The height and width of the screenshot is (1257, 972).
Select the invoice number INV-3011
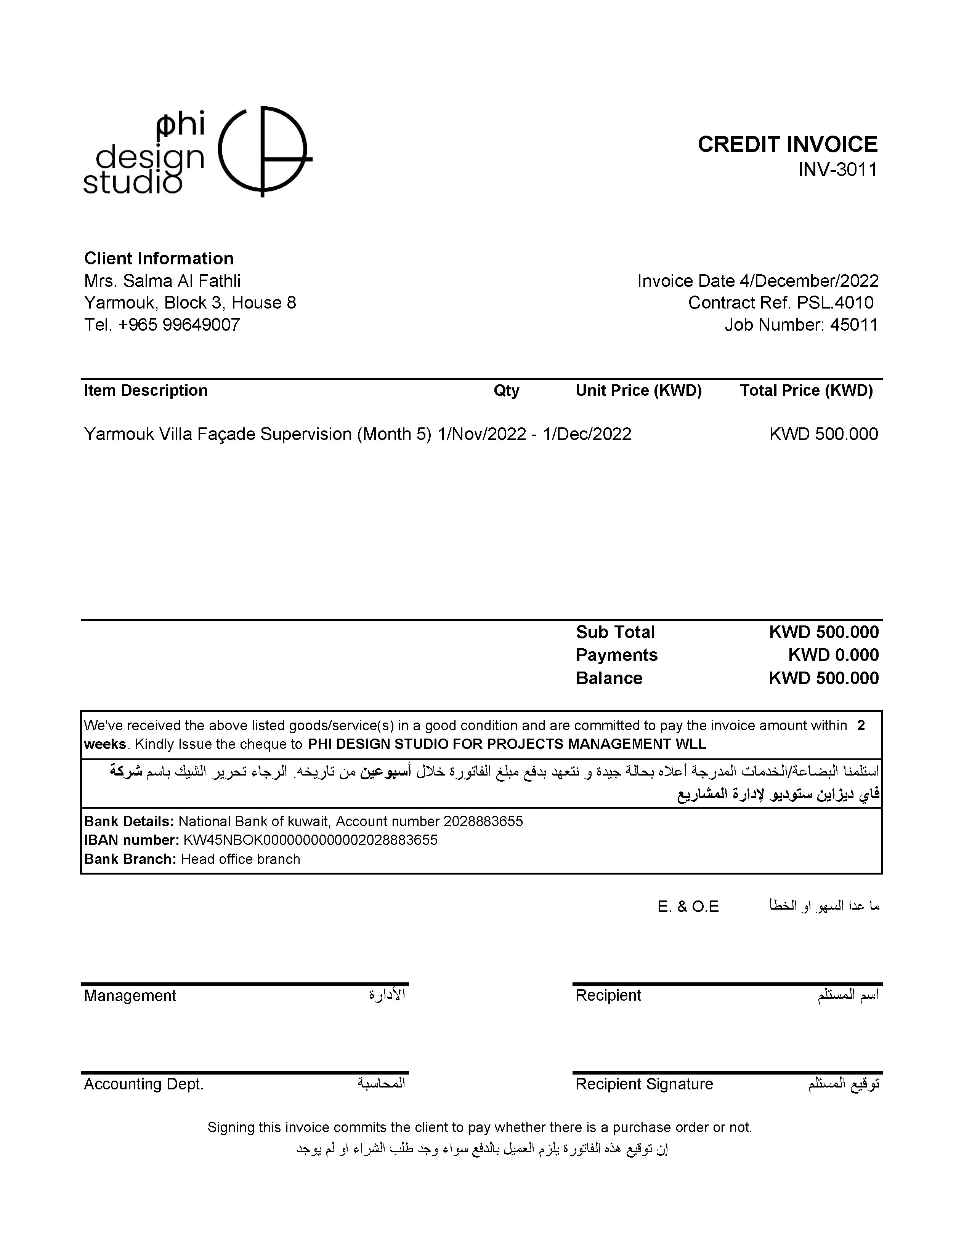click(837, 170)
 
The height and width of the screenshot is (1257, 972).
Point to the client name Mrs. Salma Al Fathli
click(162, 281)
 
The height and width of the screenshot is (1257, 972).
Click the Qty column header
click(506, 391)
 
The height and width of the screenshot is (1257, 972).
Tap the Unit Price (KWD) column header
click(638, 391)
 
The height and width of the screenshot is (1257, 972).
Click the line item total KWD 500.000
click(823, 434)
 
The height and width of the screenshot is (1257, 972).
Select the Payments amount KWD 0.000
click(833, 655)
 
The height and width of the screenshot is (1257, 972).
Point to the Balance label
click(609, 678)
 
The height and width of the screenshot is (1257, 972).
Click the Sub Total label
click(615, 632)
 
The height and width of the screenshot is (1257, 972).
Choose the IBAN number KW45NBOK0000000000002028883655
click(310, 840)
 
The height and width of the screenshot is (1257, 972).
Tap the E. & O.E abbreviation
click(688, 907)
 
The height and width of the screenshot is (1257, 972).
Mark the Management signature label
click(130, 996)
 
